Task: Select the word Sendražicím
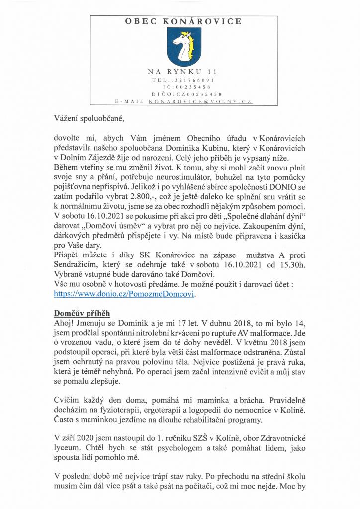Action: point(81,265)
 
